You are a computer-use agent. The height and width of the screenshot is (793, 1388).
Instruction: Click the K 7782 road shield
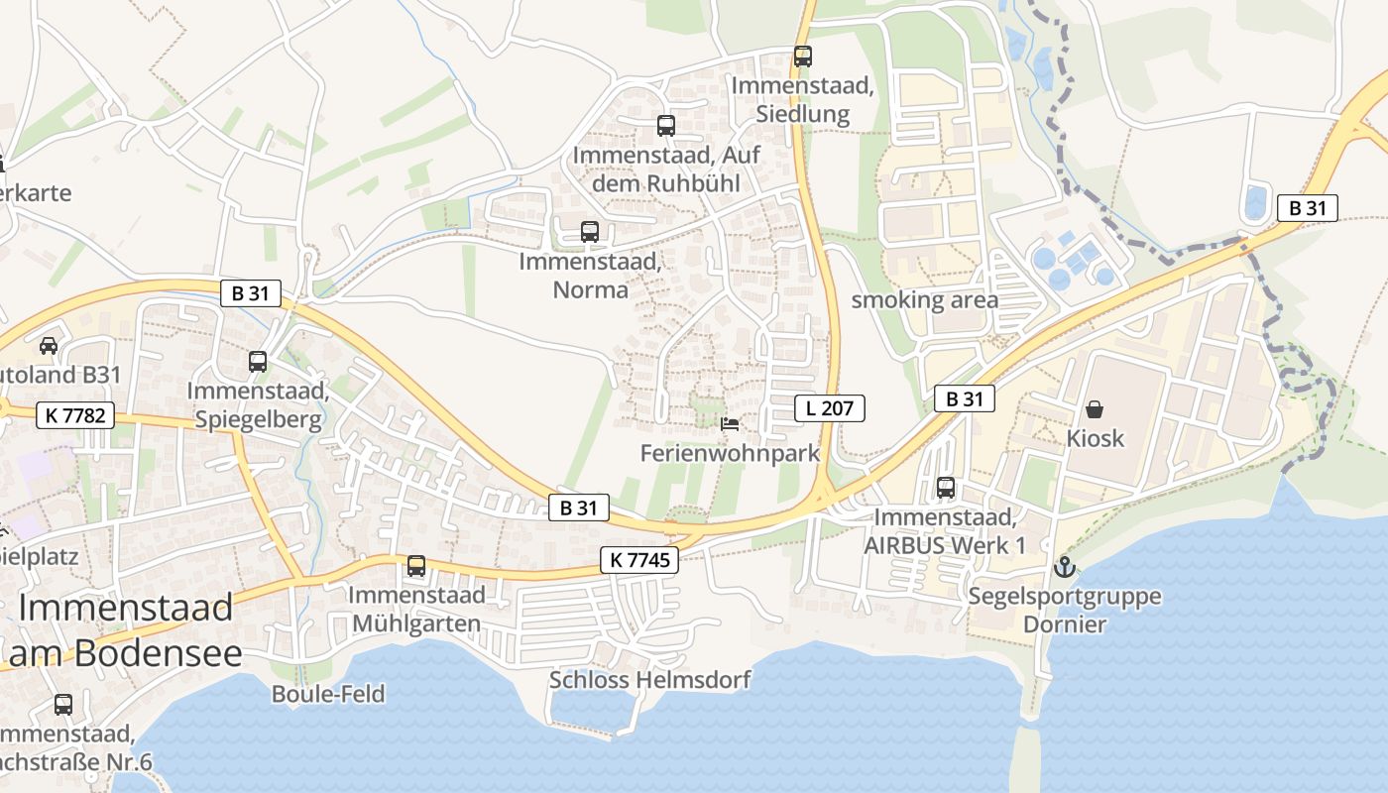point(74,415)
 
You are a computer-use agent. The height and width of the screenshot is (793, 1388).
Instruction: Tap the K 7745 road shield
point(639,560)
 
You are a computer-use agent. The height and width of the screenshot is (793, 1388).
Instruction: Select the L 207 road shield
point(830,407)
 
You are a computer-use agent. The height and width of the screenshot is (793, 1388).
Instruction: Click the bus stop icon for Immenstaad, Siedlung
point(802,57)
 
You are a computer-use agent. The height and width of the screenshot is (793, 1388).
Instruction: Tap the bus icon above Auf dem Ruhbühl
point(665,126)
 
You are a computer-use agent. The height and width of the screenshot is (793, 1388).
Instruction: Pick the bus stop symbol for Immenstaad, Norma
point(590,232)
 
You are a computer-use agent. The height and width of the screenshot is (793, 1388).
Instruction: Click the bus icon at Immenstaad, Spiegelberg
point(258,362)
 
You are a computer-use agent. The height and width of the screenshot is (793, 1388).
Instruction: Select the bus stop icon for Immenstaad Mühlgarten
point(416,566)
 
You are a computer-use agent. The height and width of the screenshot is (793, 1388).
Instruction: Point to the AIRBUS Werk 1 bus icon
point(946,488)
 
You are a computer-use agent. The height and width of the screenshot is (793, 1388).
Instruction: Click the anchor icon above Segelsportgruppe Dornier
point(1064,567)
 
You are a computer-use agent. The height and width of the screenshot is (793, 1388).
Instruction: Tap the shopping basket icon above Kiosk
point(1095,408)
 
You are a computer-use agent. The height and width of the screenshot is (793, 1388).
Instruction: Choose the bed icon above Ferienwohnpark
point(730,424)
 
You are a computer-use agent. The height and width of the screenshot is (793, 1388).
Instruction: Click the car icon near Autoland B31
point(48,345)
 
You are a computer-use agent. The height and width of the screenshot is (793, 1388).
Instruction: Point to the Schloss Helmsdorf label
point(649,680)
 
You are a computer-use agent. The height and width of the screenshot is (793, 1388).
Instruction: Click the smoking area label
point(925,300)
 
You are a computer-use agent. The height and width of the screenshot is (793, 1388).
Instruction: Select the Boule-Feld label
point(328,694)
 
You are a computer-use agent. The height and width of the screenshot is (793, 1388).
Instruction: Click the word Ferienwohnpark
point(730,454)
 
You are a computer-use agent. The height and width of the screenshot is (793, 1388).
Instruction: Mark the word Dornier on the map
point(1065,624)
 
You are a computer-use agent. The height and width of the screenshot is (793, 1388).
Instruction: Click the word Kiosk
point(1096,438)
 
